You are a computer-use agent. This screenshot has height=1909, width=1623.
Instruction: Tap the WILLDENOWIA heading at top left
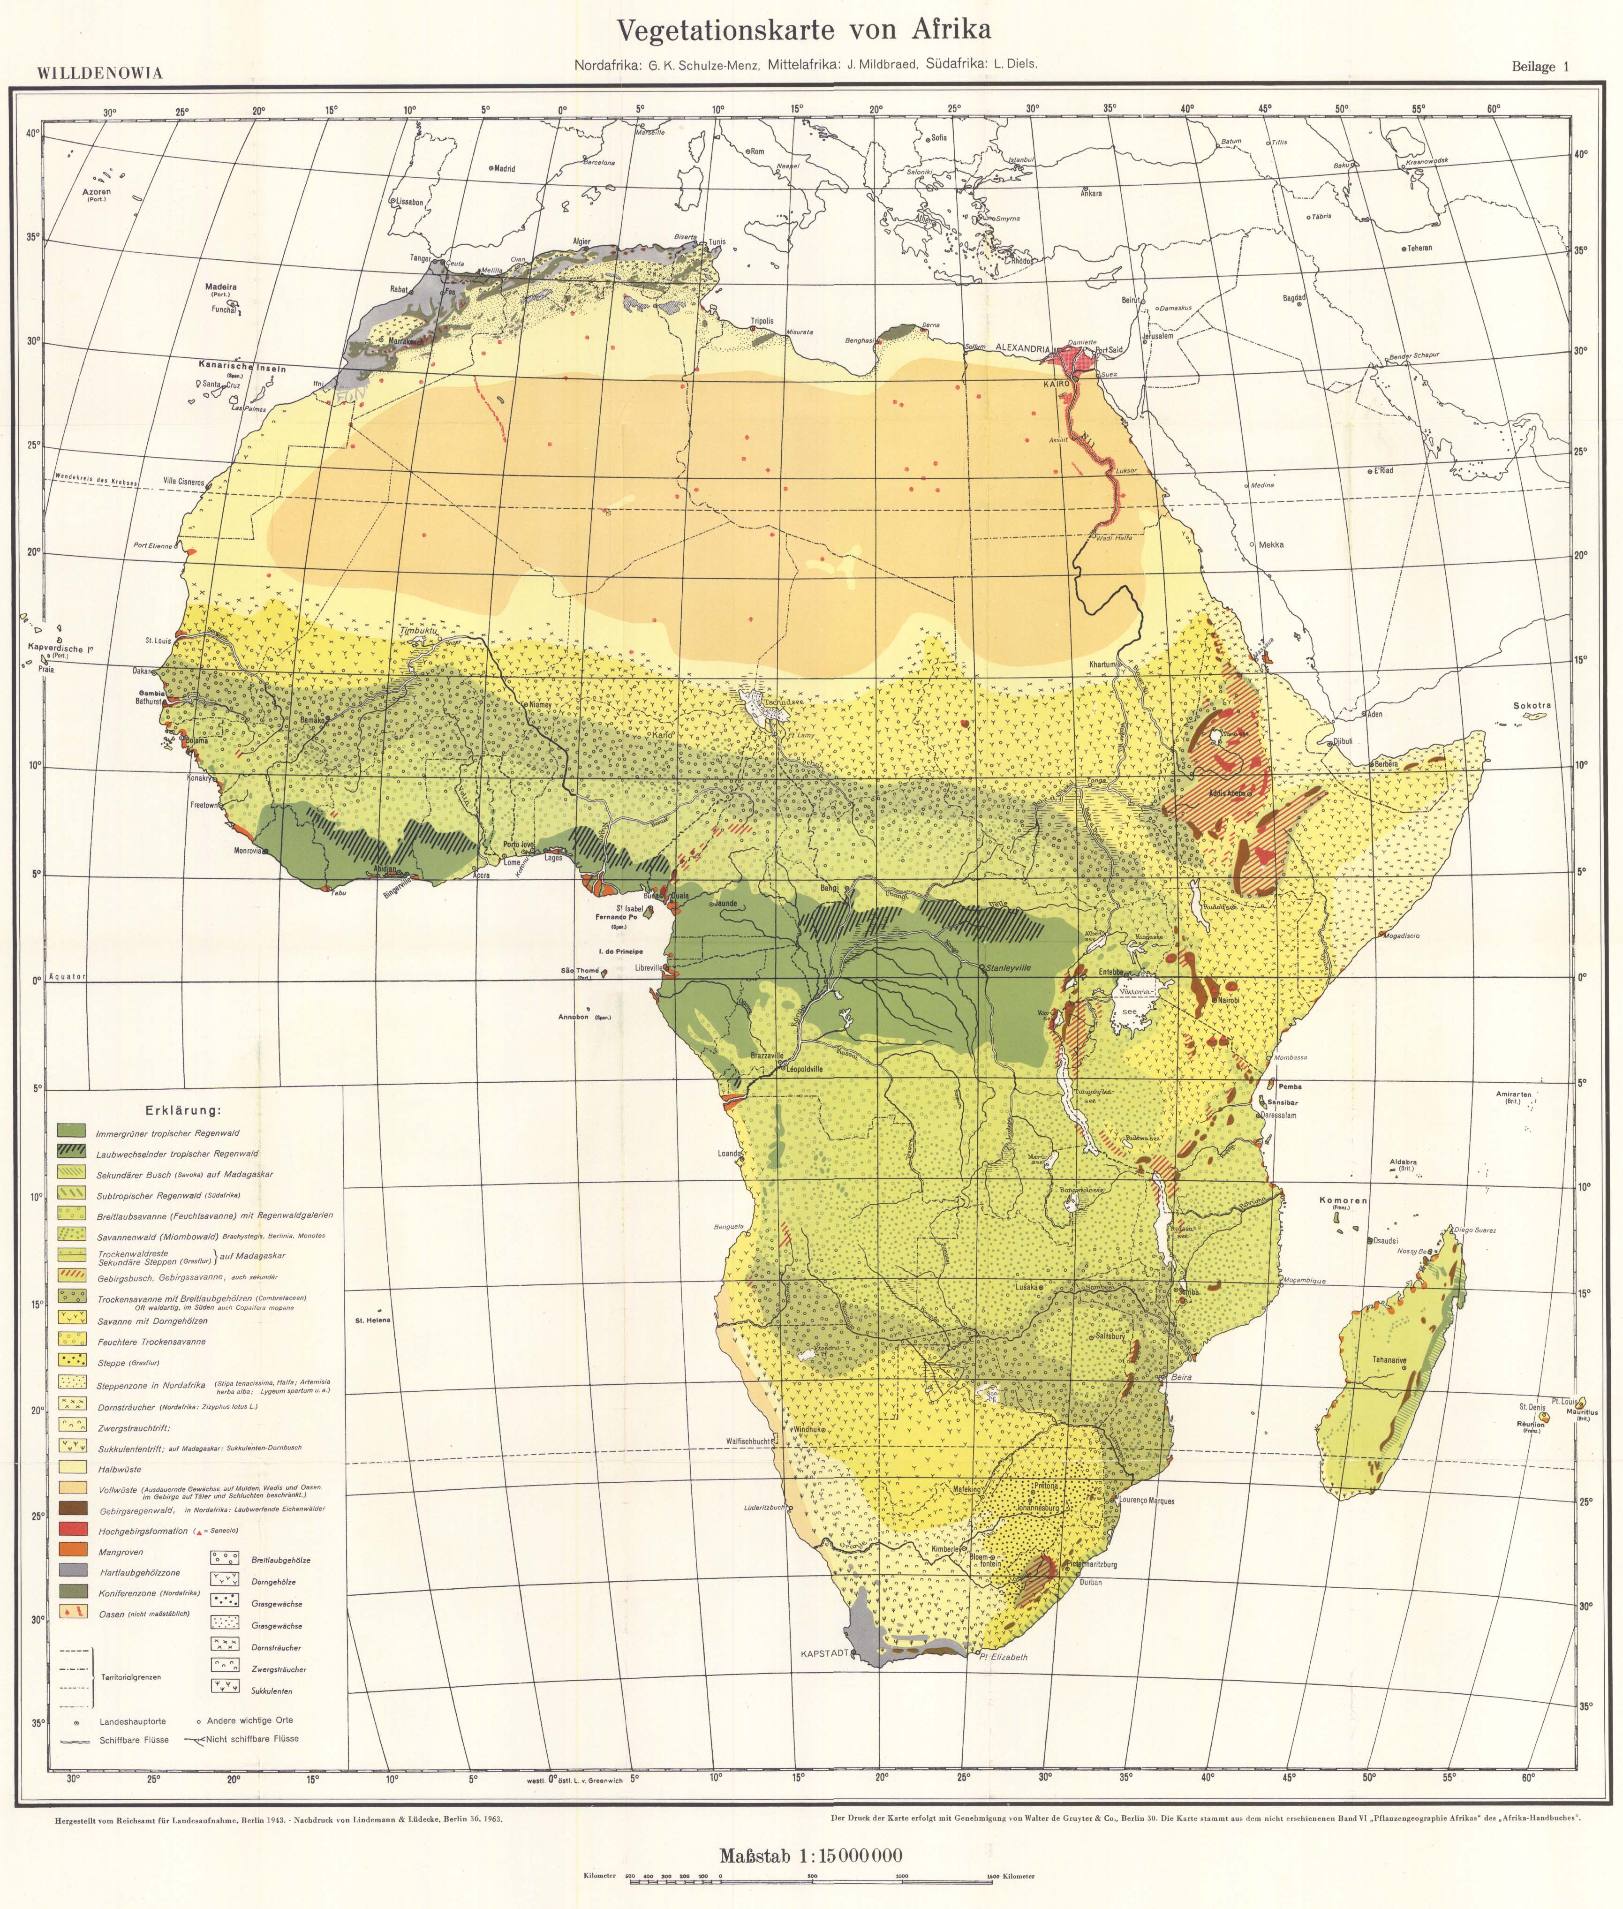click(99, 74)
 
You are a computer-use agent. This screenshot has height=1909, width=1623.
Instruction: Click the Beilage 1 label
click(1539, 66)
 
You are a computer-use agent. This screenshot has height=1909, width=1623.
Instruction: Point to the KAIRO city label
click(1055, 383)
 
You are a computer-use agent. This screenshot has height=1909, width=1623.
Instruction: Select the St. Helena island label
click(373, 1320)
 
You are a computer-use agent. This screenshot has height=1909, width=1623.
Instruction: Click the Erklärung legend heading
click(183, 1110)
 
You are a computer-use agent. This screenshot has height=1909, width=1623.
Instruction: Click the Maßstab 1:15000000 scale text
click(811, 1849)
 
